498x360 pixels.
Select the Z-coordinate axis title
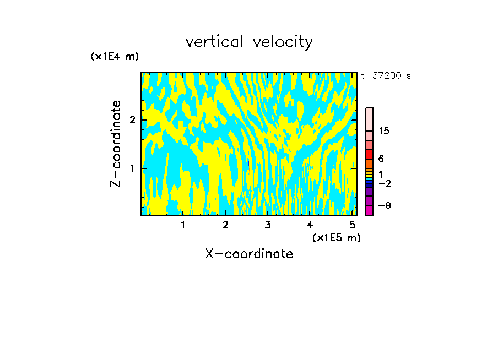point(116,143)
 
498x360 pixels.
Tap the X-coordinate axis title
point(249,254)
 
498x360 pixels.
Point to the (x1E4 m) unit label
point(115,57)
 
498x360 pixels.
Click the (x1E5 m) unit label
point(336,237)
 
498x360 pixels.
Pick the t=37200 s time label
point(386,76)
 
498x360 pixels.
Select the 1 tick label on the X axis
point(183,225)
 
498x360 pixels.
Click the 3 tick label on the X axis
point(267,225)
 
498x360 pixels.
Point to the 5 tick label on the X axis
point(352,225)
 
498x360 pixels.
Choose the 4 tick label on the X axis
point(310,225)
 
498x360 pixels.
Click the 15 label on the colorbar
point(384,131)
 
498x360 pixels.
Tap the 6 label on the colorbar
point(381,159)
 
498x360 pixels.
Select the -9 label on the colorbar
point(384,205)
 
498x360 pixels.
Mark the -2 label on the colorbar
point(384,184)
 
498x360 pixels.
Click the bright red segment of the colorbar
point(369,154)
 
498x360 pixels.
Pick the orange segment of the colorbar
point(369,163)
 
